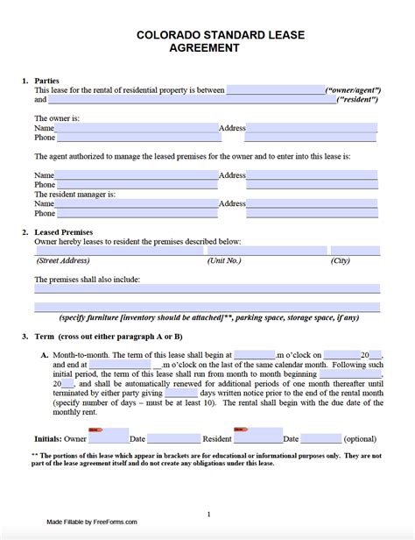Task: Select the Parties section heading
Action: pos(48,80)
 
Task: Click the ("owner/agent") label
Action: pos(352,90)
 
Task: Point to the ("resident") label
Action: pos(358,101)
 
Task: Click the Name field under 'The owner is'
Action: pos(137,128)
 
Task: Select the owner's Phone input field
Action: pos(137,139)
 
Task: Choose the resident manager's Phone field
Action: pos(137,213)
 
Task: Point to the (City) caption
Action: pos(341,261)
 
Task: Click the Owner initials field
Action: pos(108,437)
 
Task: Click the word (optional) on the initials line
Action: pos(359,437)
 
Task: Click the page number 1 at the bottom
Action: pos(207,514)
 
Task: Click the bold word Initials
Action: pos(49,437)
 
